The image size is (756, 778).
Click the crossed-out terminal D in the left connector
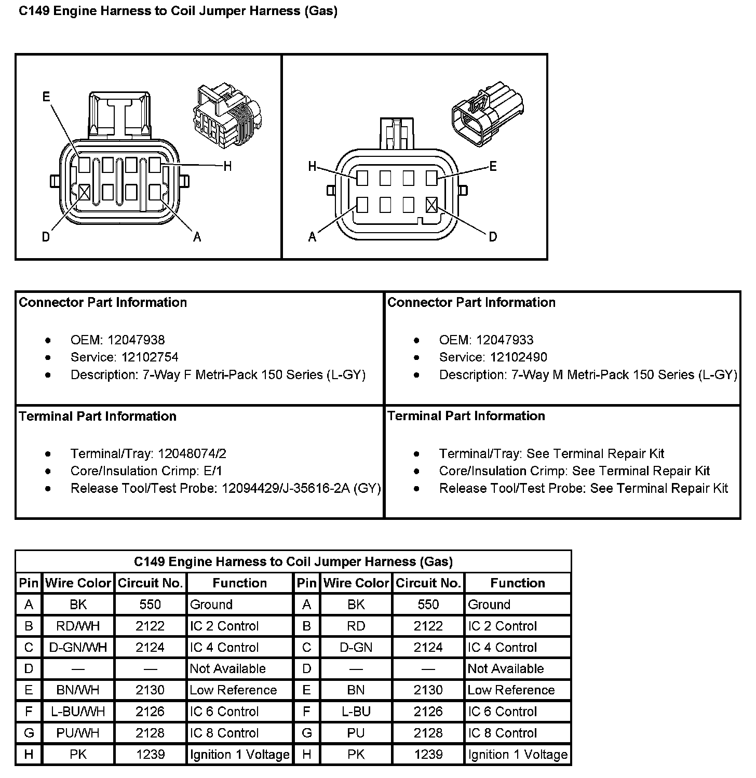85,193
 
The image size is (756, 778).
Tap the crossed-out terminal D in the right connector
431,205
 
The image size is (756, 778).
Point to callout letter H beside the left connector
227,167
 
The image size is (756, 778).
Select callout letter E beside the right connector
493,166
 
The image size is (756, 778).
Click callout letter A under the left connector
197,237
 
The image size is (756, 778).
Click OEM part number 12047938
136,340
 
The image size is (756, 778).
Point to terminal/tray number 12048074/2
192,454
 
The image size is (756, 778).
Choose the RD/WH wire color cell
78,626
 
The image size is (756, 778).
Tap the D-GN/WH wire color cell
78,648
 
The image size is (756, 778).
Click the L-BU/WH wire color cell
78,712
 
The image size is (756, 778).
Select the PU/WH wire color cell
78,733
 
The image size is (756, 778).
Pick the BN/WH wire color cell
78,690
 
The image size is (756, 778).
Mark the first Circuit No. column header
151,583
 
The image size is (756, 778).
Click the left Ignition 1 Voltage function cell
239,755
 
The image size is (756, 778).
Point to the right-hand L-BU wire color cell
356,712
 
